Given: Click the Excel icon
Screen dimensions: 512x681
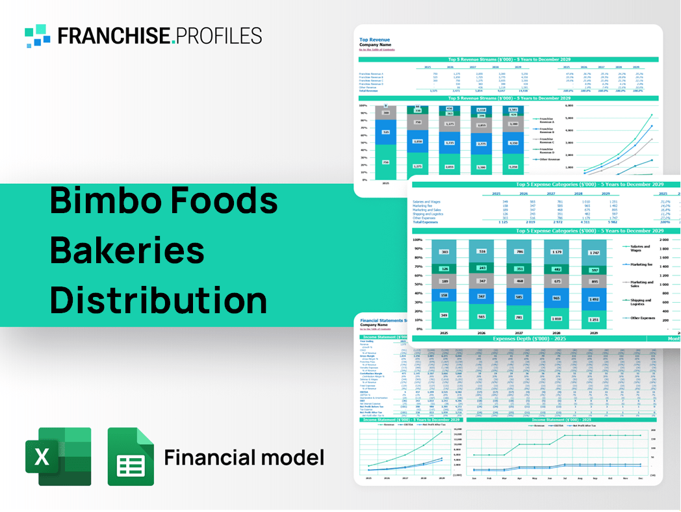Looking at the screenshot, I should click(x=58, y=457).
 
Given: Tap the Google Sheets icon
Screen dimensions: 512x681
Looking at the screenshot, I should click(x=131, y=457).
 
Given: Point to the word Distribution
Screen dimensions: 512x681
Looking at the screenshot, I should click(x=159, y=301).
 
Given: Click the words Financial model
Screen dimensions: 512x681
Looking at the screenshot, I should click(x=244, y=457).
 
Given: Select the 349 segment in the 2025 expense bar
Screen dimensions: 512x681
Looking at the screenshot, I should click(x=426, y=316).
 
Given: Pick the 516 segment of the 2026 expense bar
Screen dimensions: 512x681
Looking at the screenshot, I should click(x=481, y=251).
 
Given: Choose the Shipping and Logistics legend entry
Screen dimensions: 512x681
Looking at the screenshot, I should click(x=641, y=303).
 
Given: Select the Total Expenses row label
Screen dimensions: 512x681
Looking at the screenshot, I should click(x=426, y=222).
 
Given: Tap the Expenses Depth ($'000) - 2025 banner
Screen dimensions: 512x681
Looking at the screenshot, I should click(x=529, y=339).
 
